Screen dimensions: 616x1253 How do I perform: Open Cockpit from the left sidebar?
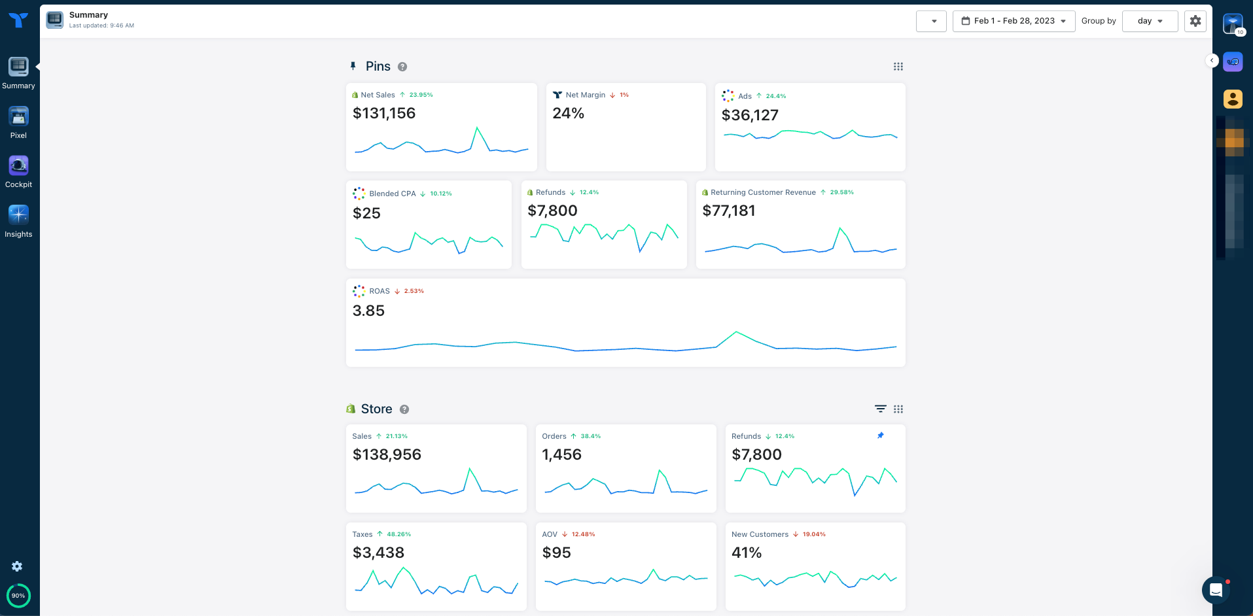[x=18, y=166]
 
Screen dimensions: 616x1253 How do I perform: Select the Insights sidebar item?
[x=18, y=215]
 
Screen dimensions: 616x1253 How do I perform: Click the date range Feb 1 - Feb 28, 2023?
[x=1014, y=21]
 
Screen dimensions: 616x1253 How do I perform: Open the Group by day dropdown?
[x=1150, y=21]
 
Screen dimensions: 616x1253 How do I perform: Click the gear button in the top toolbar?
[x=1195, y=21]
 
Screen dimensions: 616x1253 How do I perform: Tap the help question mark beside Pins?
[x=402, y=67]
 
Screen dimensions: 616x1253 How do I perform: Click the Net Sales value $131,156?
[x=384, y=114]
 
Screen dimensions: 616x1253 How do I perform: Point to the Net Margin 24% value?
[x=568, y=114]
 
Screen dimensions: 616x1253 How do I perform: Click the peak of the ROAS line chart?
[x=736, y=332]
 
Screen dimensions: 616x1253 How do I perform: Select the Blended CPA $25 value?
[x=366, y=213]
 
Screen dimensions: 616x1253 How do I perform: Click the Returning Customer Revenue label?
[x=763, y=192]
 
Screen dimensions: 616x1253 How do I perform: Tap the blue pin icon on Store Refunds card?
[x=880, y=436]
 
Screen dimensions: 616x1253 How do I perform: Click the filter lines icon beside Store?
[x=880, y=409]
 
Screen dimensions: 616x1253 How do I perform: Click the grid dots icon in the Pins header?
[x=898, y=67]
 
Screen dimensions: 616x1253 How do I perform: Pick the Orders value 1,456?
[x=561, y=455]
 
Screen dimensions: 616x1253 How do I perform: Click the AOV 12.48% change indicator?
[x=582, y=534]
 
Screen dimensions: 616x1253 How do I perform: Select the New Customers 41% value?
[x=747, y=553]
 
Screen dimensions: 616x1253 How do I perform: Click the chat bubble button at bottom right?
[x=1216, y=590]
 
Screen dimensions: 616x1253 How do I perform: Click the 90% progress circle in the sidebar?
[x=18, y=595]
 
